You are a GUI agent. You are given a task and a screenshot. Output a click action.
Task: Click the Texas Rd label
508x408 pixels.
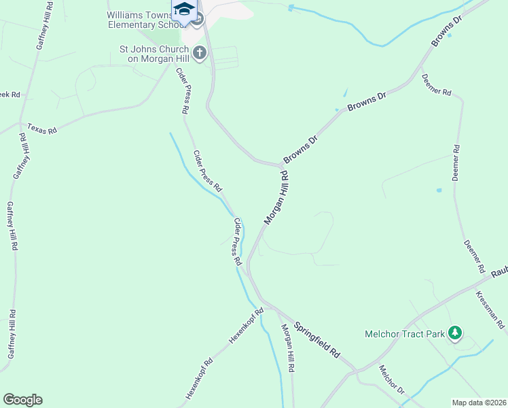[x=42, y=128]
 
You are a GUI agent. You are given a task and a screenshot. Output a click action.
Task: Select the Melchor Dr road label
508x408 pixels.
[x=391, y=381]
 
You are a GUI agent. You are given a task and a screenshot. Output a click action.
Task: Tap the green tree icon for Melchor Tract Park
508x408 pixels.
[x=454, y=333]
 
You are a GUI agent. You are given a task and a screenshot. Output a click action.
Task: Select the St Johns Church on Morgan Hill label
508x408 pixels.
[x=156, y=54]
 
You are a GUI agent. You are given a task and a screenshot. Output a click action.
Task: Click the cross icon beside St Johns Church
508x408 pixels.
[x=200, y=52]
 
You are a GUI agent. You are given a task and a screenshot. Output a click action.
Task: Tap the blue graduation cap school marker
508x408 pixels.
[x=183, y=9]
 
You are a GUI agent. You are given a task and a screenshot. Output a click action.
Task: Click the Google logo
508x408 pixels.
[x=22, y=400]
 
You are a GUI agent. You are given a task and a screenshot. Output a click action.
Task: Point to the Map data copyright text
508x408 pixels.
[x=479, y=402]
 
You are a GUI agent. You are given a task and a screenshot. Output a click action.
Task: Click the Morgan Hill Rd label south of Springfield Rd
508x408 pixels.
[x=289, y=347]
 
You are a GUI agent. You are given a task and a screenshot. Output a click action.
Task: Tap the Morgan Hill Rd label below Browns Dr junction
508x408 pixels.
[x=276, y=198]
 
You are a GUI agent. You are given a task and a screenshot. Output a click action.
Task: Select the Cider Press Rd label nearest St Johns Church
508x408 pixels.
[x=182, y=90]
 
